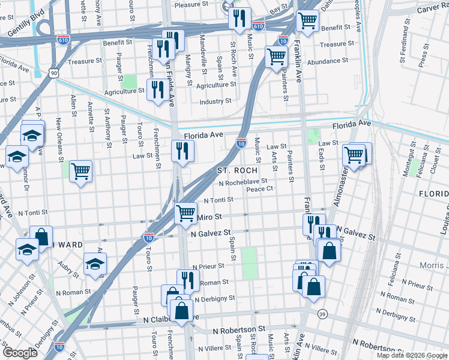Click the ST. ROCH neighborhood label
pyautogui.click(x=237, y=171)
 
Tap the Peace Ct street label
pyautogui.click(x=260, y=189)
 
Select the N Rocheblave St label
pyautogui.click(x=243, y=182)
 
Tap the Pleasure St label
pyautogui.click(x=194, y=5)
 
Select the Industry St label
pyautogui.click(x=215, y=101)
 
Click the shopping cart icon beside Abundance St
pyautogui.click(x=276, y=58)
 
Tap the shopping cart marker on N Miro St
pyautogui.click(x=186, y=212)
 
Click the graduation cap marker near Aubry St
pyautogui.click(x=95, y=263)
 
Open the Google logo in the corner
pyautogui.click(x=20, y=353)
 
